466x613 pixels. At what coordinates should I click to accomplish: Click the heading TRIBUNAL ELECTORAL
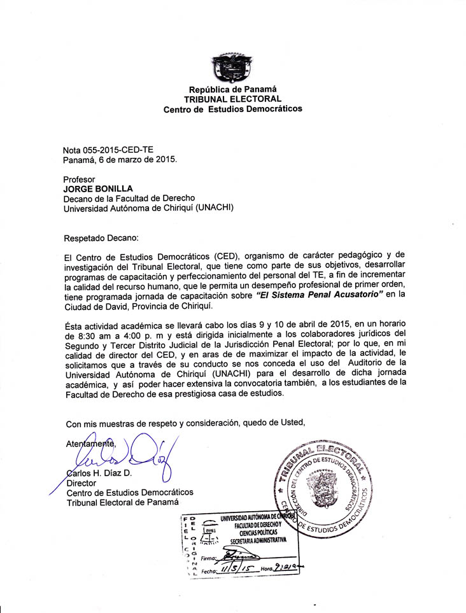pos(232,99)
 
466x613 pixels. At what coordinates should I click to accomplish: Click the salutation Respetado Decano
pos(101,238)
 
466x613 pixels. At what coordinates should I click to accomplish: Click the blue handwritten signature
pos(127,456)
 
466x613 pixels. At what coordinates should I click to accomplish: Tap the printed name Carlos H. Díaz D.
pos(99,472)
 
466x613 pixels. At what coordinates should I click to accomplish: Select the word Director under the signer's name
pos(81,483)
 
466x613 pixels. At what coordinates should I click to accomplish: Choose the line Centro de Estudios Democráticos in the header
pos(233,109)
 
